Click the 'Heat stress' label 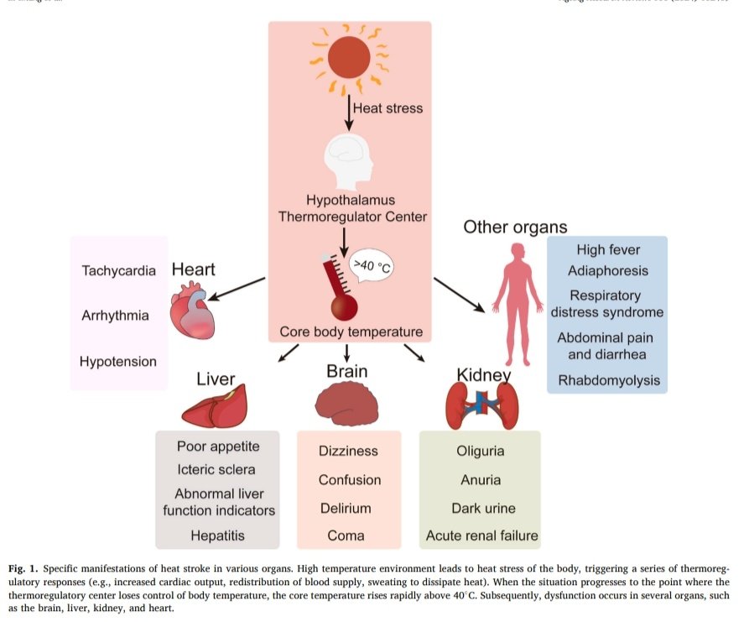388,108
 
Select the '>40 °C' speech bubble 371,267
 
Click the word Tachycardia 119,271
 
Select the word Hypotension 118,362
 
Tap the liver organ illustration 215,406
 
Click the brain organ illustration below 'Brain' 346,401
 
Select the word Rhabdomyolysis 609,380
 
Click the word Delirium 345,508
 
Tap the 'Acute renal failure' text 481,536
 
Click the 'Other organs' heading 515,227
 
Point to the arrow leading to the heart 238,288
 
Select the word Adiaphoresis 608,270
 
